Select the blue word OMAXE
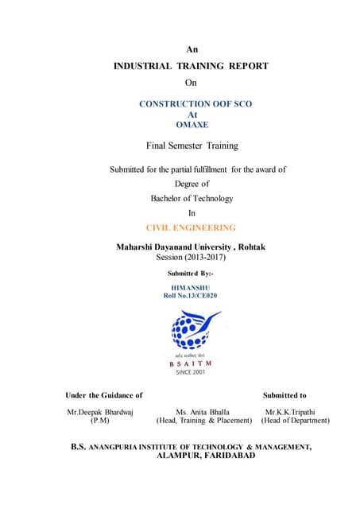[x=191, y=124]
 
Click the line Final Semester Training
[x=192, y=146]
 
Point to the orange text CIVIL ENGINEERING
[x=192, y=227]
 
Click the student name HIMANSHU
[x=191, y=287]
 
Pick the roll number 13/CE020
[x=201, y=295]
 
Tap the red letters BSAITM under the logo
[x=191, y=363]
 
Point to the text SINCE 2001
[x=191, y=371]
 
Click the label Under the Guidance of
[x=103, y=394]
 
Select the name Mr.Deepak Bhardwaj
[x=100, y=411]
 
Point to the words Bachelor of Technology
[x=192, y=198]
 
